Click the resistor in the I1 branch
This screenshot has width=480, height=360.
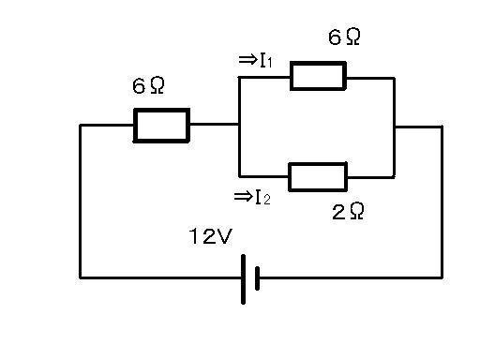(318, 76)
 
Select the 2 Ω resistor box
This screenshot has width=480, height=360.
(318, 177)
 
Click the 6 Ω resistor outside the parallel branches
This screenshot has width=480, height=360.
(161, 126)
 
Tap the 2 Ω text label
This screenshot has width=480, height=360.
(348, 211)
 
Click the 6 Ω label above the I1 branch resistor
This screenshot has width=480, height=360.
(344, 37)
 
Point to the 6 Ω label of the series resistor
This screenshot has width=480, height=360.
(148, 85)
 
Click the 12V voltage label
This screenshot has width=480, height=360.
(210, 236)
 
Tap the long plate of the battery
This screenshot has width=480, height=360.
(243, 279)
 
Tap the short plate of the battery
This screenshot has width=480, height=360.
(257, 278)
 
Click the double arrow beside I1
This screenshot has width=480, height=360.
(247, 60)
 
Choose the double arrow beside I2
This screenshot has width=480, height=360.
(243, 197)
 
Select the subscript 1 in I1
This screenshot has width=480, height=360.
(269, 63)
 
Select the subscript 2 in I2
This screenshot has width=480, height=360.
(266, 200)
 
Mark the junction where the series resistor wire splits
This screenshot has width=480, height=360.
(239, 125)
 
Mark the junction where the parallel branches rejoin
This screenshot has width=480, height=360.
(395, 127)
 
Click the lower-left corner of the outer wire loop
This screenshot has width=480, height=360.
(81, 277)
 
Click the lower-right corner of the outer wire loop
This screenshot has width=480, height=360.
(442, 277)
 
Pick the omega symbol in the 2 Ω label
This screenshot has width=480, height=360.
(357, 211)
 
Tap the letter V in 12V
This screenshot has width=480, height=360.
(224, 236)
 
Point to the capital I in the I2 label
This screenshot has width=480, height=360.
(259, 197)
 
